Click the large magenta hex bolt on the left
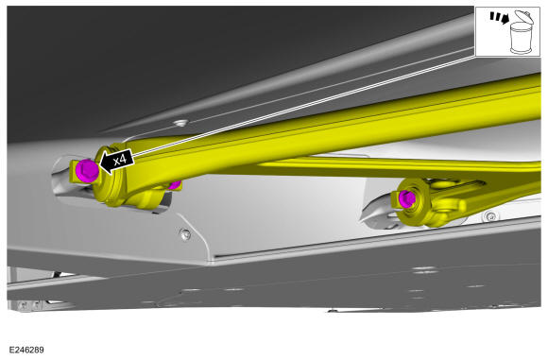tap(87, 170)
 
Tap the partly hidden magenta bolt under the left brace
tap(175, 185)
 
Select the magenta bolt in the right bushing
tap(407, 198)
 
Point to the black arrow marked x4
tap(117, 162)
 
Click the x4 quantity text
tap(120, 160)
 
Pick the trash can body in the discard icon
tap(522, 38)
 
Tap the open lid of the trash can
tap(524, 16)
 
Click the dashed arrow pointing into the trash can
tap(499, 18)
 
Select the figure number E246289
tap(26, 350)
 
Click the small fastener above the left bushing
tap(181, 123)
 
